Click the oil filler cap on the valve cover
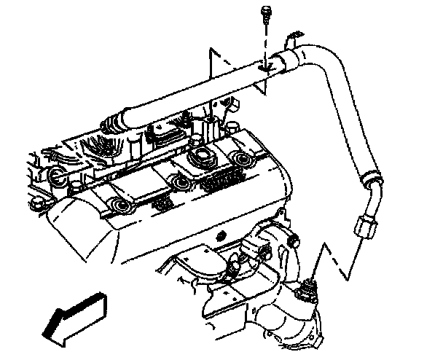201,157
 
